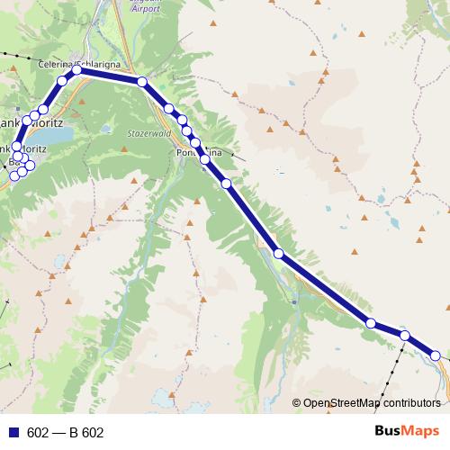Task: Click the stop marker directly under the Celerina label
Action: coord(77,69)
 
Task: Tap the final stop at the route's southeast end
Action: coord(435,355)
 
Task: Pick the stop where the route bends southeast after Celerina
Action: coord(142,82)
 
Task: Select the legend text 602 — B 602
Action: coord(66,433)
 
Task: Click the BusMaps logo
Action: coord(403,431)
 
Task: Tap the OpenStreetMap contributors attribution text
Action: coord(371,404)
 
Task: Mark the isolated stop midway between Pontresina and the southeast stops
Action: coord(279,254)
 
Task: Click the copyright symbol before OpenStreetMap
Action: coord(297,404)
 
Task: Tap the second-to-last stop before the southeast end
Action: coord(405,336)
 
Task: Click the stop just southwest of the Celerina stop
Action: coord(62,82)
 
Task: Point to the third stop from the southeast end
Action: coord(370,322)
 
